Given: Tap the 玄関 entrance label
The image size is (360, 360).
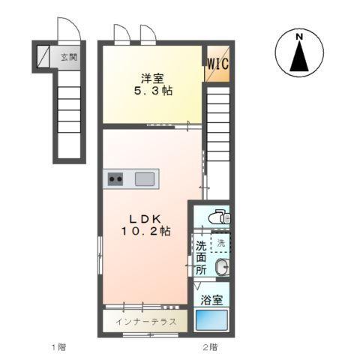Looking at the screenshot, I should click(69, 56).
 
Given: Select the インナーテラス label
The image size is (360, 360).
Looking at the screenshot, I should click(145, 322).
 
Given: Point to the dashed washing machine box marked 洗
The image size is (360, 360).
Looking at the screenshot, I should click(220, 243).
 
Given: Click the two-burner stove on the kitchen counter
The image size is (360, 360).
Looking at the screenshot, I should click(115, 178).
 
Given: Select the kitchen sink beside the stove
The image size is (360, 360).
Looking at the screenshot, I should click(145, 178).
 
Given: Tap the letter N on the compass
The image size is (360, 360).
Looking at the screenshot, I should click(298, 35).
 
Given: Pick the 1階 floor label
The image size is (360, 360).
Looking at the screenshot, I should click(58, 347).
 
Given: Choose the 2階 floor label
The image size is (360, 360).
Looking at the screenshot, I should click(209, 347).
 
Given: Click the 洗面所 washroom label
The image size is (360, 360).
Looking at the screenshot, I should click(201, 258).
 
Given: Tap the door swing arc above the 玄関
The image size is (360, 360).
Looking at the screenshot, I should click(66, 28).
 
